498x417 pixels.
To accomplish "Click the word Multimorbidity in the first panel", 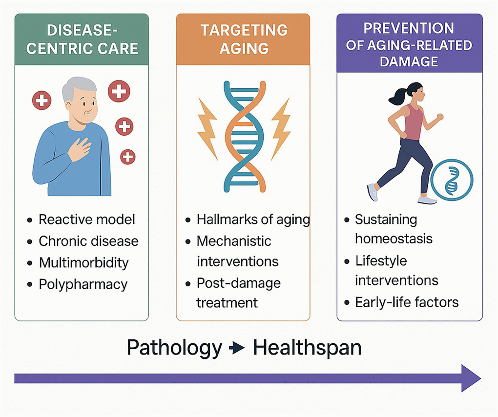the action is pos(84,263).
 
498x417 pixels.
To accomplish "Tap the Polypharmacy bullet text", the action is pos(83,285).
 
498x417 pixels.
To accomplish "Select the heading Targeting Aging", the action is pos(244,39).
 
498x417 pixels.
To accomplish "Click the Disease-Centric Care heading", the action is pos(82,40).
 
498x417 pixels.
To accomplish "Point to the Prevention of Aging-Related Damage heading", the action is pos(409,45).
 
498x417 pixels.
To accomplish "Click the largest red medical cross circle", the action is pos(119,91).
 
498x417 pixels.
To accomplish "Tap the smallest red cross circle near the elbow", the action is pos(128,157).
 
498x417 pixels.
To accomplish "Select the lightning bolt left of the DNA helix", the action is pos(207,129).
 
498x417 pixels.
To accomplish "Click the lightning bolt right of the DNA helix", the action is pos(281,129).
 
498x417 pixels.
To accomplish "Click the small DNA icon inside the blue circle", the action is pos(452,180).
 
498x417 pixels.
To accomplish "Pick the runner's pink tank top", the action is pos(413,122).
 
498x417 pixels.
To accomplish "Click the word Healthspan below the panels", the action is pos(307,348).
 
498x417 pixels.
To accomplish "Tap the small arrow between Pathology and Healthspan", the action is pos(237,348).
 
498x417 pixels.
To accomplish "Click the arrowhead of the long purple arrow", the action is pos(471,378).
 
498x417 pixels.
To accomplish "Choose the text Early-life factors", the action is pos(407,302).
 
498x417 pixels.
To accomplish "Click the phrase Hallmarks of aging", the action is pos(253,220).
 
